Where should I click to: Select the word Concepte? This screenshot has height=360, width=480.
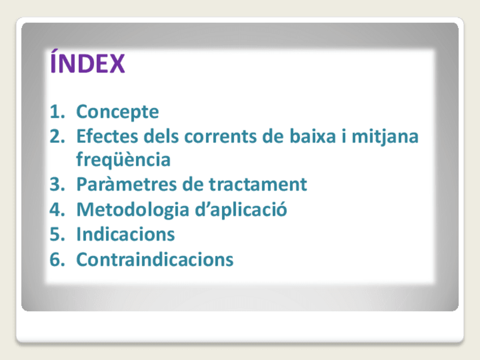[118, 112]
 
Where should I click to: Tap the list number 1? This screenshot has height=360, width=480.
[57, 112]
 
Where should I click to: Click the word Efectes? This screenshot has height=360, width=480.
[107, 136]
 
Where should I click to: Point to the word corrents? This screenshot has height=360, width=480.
[220, 136]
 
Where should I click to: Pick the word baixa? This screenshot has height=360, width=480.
[312, 136]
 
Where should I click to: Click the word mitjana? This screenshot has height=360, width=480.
[385, 137]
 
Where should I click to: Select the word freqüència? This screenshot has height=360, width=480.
[123, 160]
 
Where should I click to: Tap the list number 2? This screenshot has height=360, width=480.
[57, 136]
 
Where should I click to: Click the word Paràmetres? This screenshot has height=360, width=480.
[126, 185]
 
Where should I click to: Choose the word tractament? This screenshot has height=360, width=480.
[258, 185]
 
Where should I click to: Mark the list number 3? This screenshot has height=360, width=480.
[57, 185]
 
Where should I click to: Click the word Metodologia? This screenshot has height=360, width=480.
[133, 211]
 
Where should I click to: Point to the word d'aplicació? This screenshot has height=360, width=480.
[241, 210]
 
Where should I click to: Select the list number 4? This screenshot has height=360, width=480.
[57, 209]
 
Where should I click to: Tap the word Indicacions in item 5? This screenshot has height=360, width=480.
[126, 234]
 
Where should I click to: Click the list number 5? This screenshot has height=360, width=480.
[57, 234]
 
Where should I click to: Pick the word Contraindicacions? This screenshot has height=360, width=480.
[155, 260]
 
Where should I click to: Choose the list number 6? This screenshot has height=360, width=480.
[57, 260]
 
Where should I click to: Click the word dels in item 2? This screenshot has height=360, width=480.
[161, 136]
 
